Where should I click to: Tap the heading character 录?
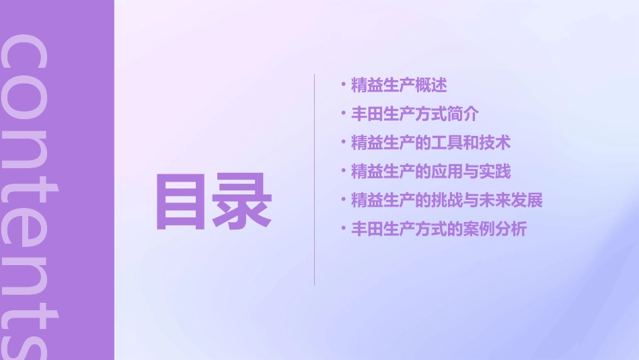(242, 202)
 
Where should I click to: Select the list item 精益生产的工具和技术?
(430, 143)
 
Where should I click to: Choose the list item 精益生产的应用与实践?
(430, 172)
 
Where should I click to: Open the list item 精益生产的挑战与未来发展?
(447, 200)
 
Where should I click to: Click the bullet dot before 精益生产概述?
(344, 85)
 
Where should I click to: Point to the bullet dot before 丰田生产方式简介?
(344, 114)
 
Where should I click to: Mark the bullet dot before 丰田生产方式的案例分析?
(344, 229)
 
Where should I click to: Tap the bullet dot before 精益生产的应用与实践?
(344, 171)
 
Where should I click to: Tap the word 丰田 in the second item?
(367, 114)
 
